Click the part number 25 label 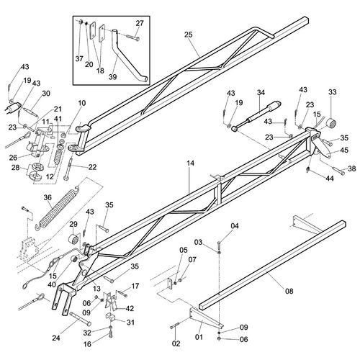click(189, 35)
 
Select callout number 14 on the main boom click(190, 163)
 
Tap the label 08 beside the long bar click(289, 291)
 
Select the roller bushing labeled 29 click(74, 239)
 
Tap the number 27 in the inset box click(140, 23)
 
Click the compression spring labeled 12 click(58, 156)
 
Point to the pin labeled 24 click(80, 318)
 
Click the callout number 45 click(343, 150)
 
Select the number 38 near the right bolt click(351, 168)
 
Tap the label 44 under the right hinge click(330, 179)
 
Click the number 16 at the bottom click(87, 344)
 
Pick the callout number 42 click(130, 308)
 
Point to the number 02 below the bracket click(176, 343)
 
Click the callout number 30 click(45, 93)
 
